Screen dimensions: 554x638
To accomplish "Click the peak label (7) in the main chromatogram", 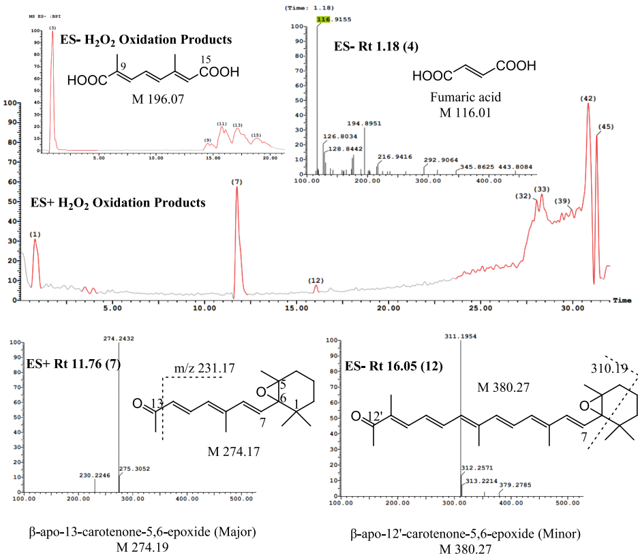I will coord(237,182).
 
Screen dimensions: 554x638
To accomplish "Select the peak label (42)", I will coord(588,99).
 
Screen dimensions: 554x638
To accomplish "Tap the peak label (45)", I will coord(605,127).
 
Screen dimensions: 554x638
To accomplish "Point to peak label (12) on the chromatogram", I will coord(316,280).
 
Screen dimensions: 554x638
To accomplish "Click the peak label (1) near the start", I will coord(35,234).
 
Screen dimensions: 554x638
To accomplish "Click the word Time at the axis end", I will coord(622,300).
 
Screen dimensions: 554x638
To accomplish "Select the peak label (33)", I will coord(543,189).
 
